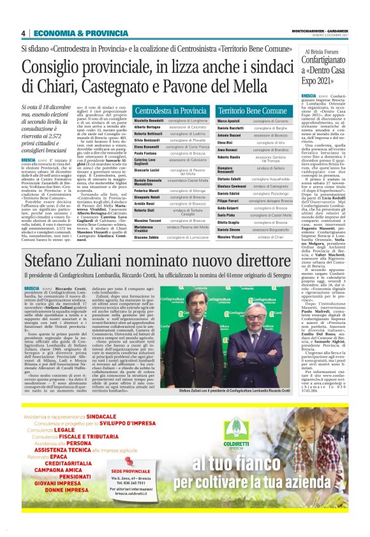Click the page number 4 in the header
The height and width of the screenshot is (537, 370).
tap(23, 33)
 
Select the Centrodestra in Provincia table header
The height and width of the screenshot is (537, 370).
tap(171, 110)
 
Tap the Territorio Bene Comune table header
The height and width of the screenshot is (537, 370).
tap(253, 110)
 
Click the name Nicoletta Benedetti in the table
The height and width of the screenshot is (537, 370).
tap(149, 120)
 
